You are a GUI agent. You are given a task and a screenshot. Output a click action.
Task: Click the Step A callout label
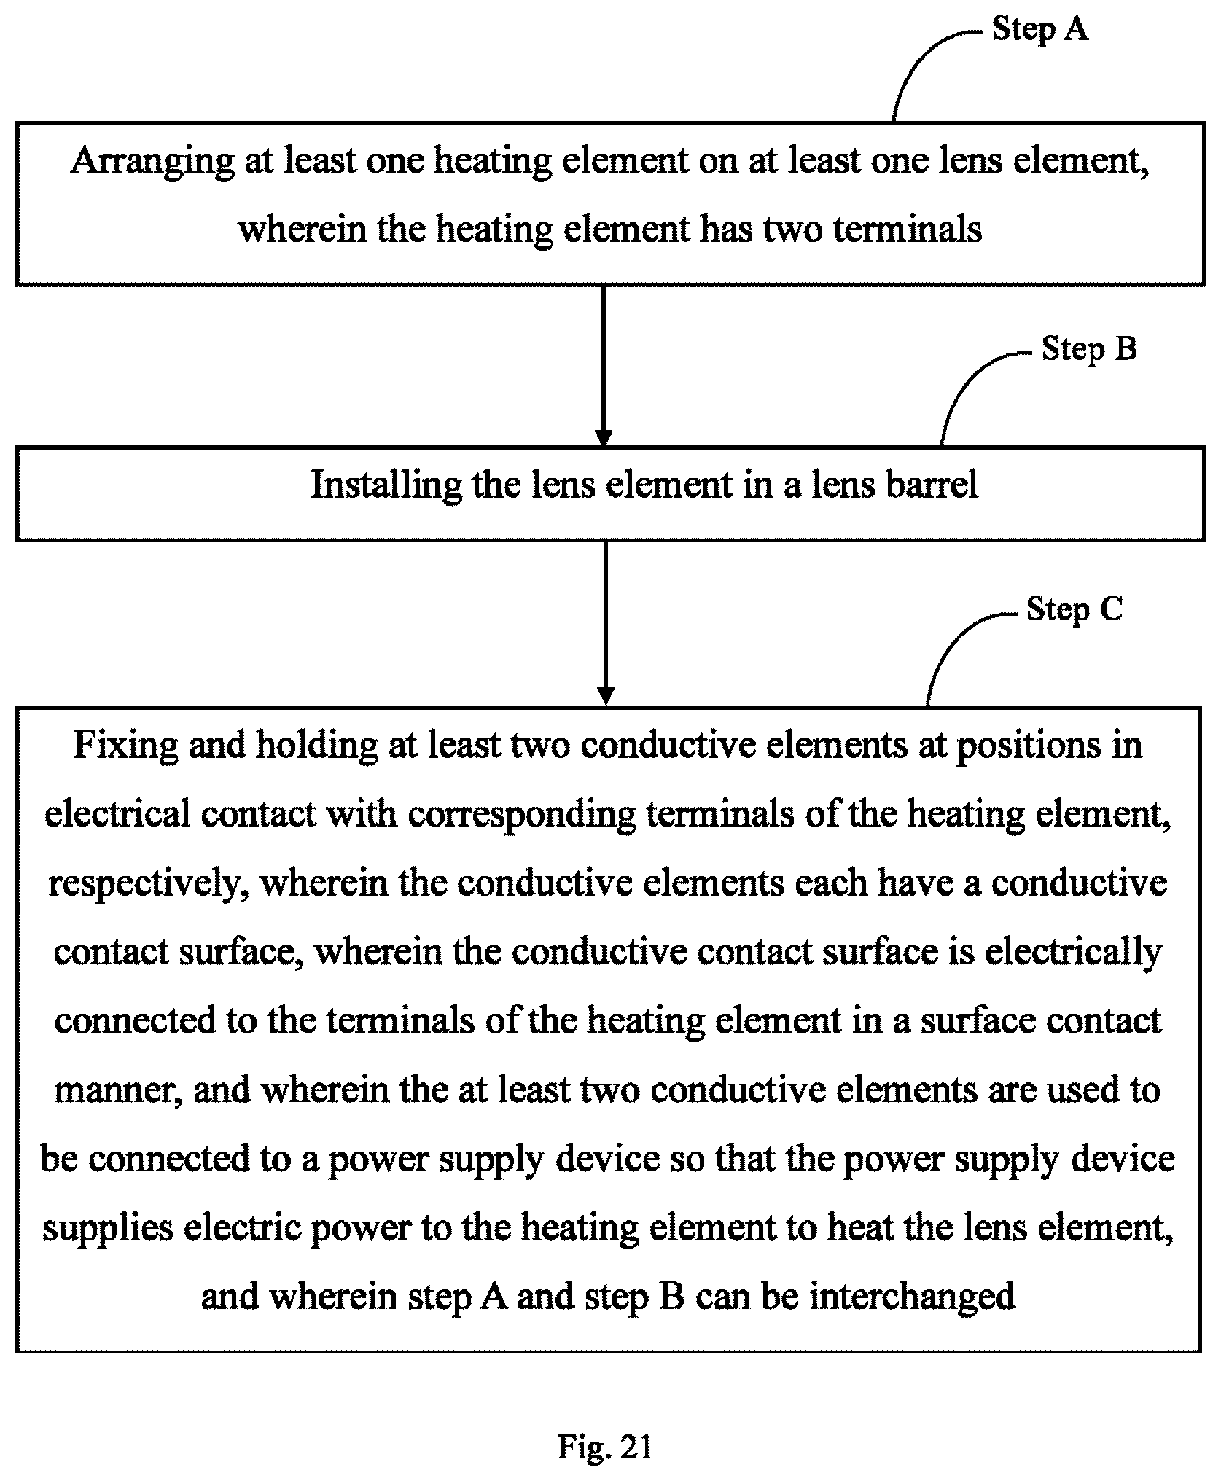click(x=1039, y=30)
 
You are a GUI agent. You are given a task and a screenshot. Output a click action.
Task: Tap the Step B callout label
click(x=1089, y=349)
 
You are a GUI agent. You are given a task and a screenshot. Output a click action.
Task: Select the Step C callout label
click(x=1074, y=609)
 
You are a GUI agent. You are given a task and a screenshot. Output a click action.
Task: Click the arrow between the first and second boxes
click(x=604, y=366)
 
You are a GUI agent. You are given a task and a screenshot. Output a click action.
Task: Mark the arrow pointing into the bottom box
click(x=605, y=623)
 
